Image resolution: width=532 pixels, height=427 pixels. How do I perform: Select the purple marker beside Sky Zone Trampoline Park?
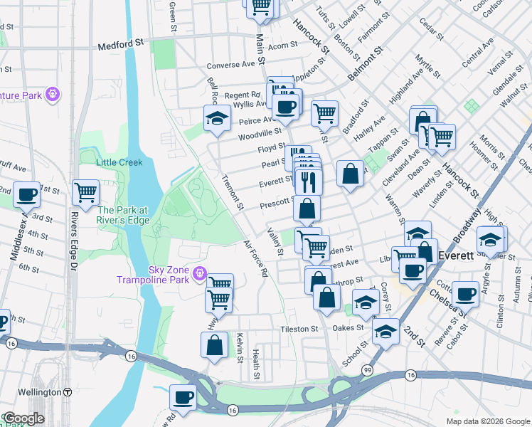click(x=200, y=272)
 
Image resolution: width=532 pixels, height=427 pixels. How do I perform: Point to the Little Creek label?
click(x=119, y=162)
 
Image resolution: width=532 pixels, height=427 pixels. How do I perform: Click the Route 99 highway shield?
click(x=367, y=370)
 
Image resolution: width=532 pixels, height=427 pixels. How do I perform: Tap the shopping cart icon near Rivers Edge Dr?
click(x=85, y=191)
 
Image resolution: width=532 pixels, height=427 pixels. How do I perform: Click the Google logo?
click(x=23, y=418)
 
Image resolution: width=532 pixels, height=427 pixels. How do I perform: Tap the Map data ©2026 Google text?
click(x=487, y=421)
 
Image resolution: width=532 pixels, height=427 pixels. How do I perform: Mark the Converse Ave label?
click(x=230, y=63)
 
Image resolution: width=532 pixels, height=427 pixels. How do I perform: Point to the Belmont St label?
click(x=366, y=65)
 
